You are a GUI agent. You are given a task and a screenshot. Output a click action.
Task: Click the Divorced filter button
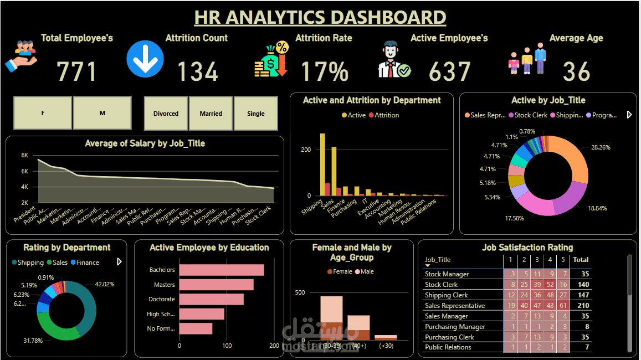pos(166,114)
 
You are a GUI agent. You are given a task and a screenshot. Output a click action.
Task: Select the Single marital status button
pos(256,114)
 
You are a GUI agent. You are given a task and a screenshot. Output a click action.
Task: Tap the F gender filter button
pos(43,113)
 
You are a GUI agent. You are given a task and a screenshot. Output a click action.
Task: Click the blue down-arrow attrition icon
pos(145,59)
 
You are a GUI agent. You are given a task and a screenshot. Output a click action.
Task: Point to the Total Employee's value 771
pos(77,72)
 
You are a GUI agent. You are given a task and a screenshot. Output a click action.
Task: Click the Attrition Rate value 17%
pos(325,72)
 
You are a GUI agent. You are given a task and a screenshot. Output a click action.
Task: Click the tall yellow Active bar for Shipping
pos(322,164)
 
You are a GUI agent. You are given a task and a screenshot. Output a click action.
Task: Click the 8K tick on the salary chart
pos(25,156)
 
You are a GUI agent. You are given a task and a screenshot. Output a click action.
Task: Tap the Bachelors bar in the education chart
pos(222,270)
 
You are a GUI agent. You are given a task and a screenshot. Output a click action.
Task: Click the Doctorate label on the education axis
pos(162,299)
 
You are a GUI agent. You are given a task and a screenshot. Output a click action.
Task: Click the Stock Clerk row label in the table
pos(441,285)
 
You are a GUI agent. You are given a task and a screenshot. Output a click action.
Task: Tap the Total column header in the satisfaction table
pos(581,259)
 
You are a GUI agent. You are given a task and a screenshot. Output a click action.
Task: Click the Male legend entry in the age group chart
pos(366,271)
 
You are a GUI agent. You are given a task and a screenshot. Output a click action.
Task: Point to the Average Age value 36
pos(576,72)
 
